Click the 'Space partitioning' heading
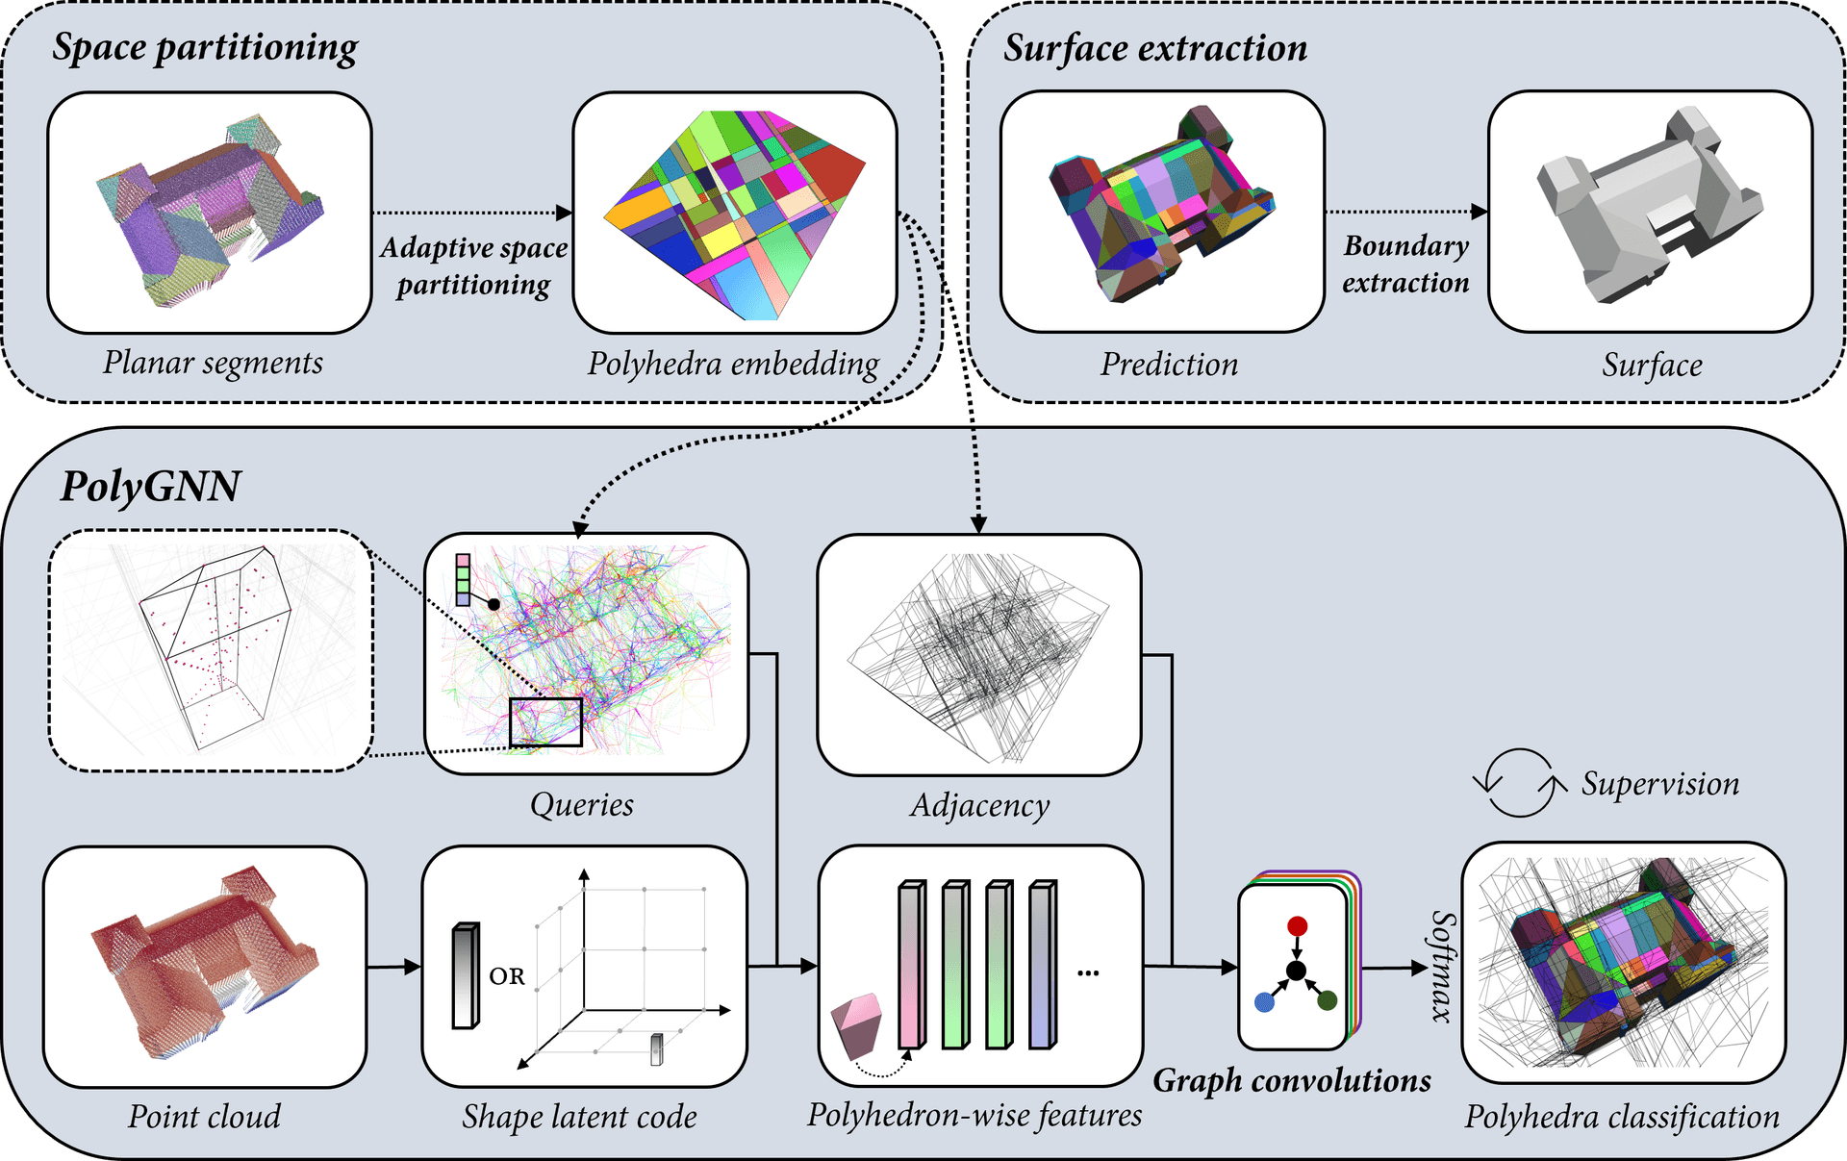[205, 48]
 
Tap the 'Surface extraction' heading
[1155, 48]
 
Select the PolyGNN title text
[150, 486]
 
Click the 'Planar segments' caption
[213, 363]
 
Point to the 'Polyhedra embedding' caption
[733, 364]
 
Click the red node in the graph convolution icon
[1297, 926]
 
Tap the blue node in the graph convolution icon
[1265, 1002]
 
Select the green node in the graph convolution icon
[1328, 1000]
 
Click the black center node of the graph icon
[1296, 971]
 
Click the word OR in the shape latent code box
[507, 976]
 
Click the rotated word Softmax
[1443, 966]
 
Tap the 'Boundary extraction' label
[1405, 265]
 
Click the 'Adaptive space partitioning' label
[473, 265]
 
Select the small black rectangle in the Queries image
[545, 722]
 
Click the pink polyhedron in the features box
[857, 1025]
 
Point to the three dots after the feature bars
[1088, 973]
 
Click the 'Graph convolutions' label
[1292, 1080]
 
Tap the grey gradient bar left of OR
[466, 975]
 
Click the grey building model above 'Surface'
[1649, 207]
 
